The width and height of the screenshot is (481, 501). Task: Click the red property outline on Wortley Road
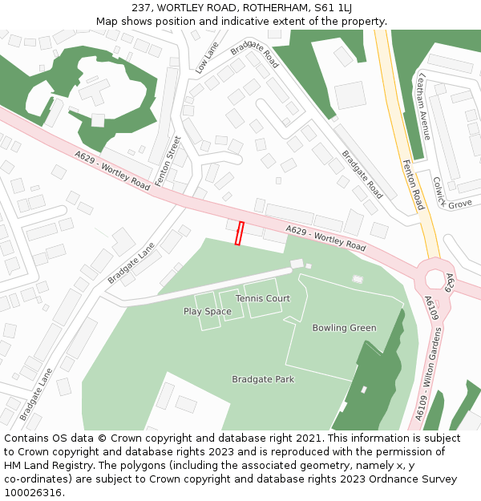[239, 233]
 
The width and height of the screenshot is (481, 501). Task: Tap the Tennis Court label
[263, 298]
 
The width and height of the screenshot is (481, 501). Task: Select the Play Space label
[207, 311]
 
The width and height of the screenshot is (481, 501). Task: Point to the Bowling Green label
[344, 328]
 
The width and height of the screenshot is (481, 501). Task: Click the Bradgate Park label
[263, 379]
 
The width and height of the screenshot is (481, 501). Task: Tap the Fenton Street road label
[168, 161]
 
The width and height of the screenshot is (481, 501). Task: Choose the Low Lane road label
[206, 59]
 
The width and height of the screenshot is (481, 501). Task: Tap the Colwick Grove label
[449, 196]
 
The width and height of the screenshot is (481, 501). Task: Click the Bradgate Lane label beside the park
[131, 264]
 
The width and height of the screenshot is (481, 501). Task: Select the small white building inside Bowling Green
[358, 279]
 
